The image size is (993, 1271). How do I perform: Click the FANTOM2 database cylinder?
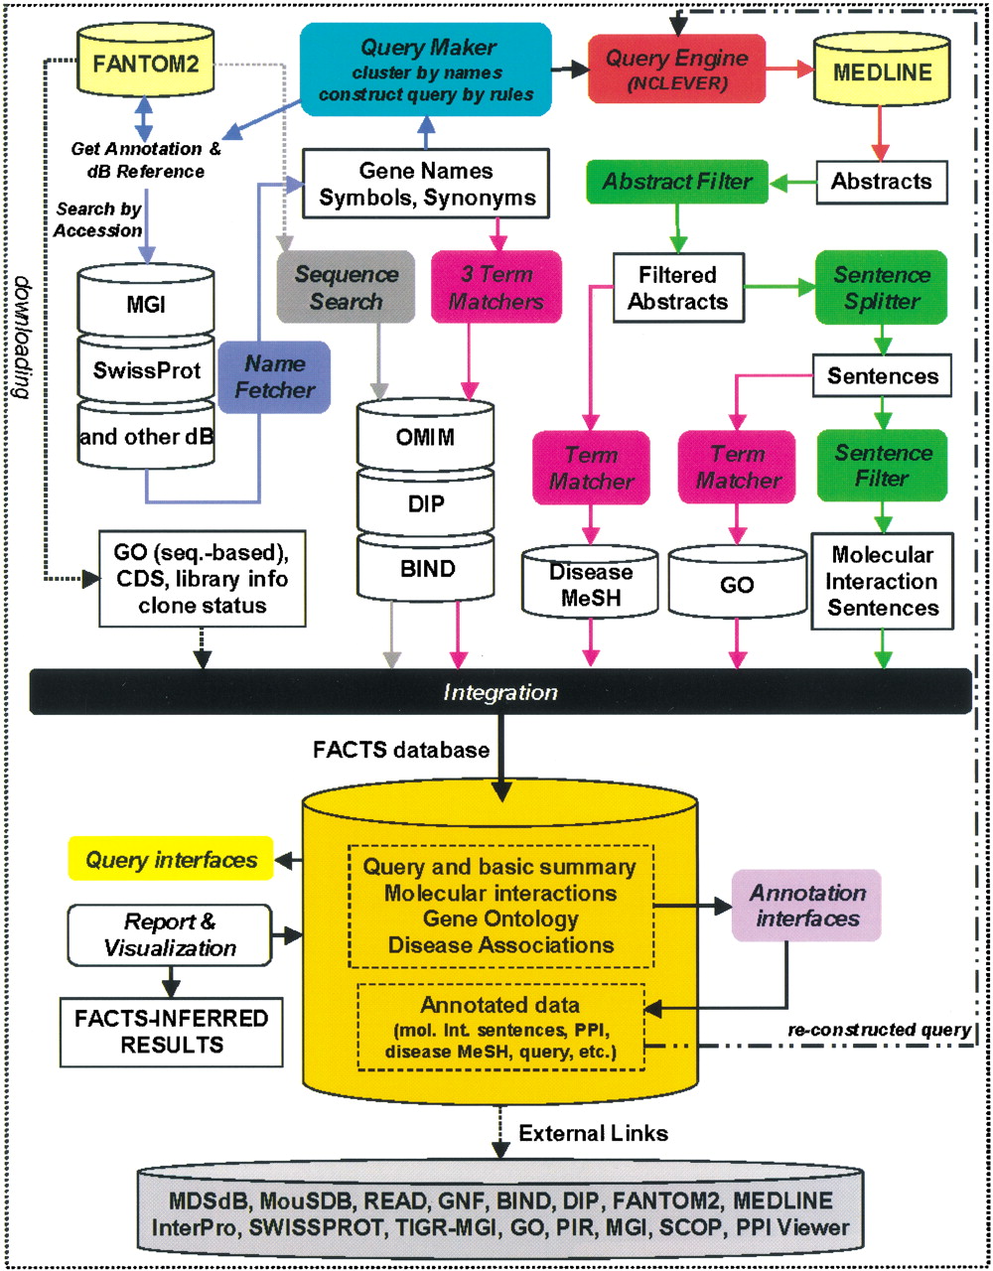coord(146,65)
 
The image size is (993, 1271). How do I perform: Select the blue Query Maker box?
coord(426,71)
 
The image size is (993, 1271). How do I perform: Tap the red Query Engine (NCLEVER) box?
coord(676,69)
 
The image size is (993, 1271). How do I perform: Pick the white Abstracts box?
coord(881,182)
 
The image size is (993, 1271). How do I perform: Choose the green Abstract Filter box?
coord(677,182)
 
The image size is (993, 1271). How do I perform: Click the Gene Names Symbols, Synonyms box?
coord(426,184)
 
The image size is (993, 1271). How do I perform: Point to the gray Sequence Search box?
coord(346,287)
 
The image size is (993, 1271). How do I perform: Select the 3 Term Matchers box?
coord(496,287)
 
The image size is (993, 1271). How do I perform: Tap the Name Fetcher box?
coord(274,376)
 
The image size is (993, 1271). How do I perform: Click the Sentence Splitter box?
coord(881,288)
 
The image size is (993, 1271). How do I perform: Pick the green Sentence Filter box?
coord(882,466)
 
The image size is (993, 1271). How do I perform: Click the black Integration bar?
coord(500,692)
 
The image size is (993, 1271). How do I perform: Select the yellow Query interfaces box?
coord(171,860)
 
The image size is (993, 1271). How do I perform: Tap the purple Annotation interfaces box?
coord(807,906)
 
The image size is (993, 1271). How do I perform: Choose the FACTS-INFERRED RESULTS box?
coord(171,1032)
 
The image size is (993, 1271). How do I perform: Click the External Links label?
coord(593,1133)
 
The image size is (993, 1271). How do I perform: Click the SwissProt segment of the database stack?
coord(146,370)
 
